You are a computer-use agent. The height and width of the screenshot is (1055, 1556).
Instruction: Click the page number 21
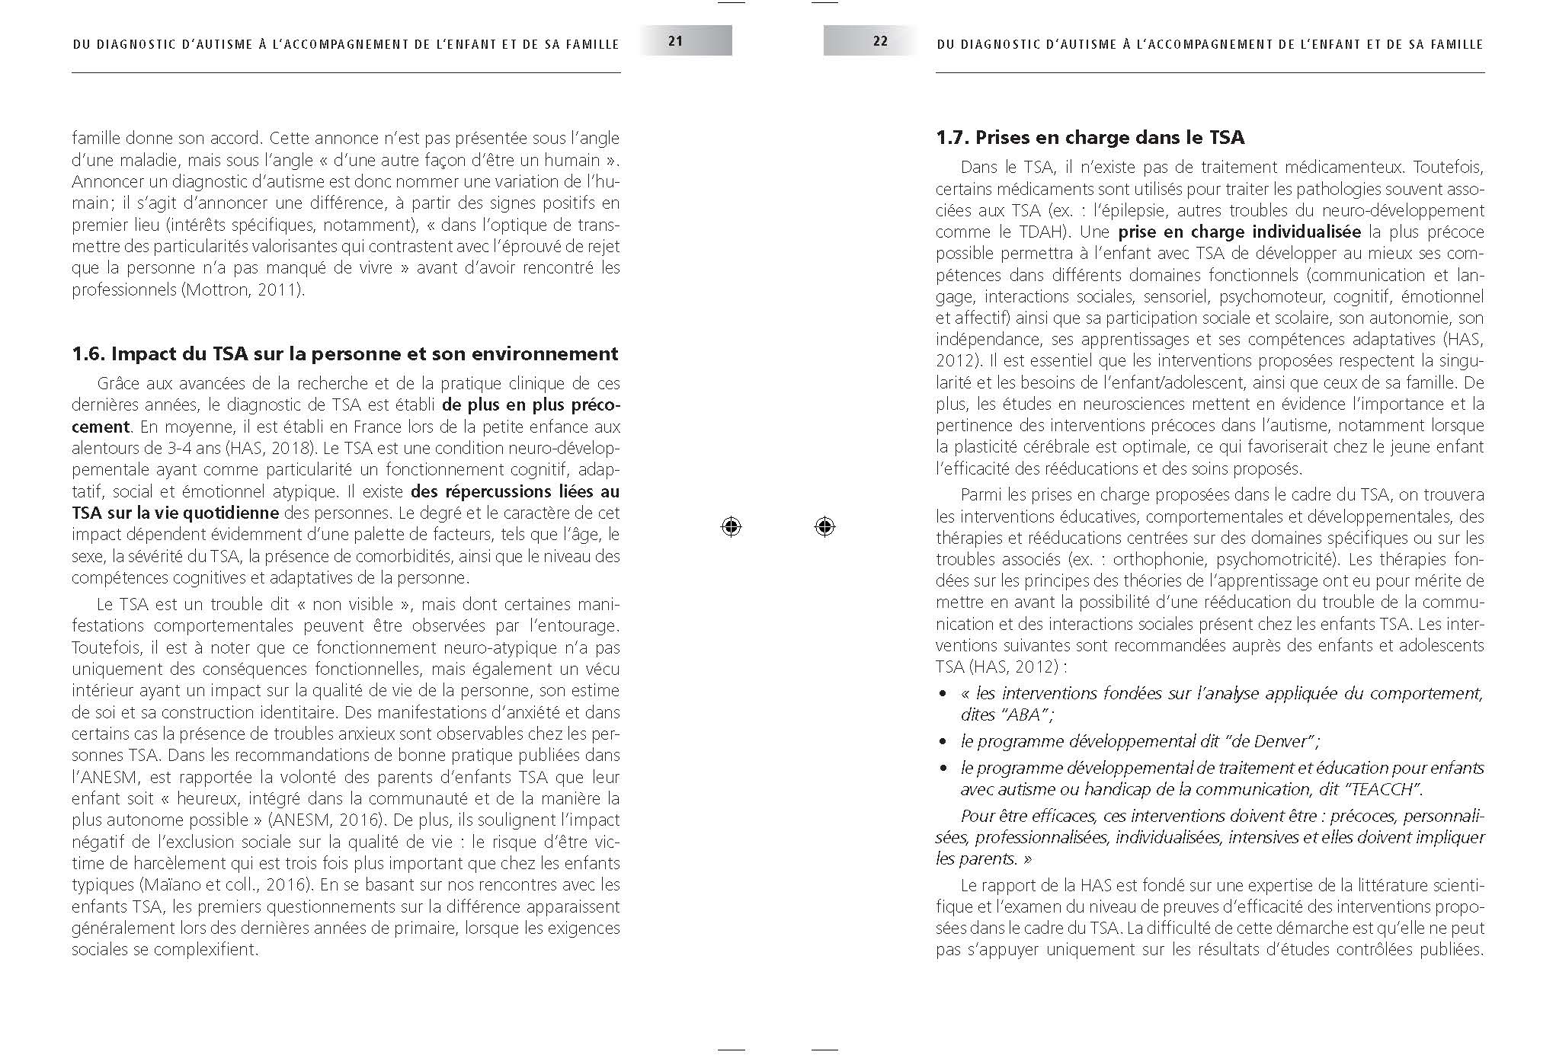click(x=675, y=41)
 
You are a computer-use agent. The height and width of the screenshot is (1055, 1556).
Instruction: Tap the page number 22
click(x=880, y=41)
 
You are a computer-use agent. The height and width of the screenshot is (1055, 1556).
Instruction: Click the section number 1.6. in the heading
click(x=89, y=354)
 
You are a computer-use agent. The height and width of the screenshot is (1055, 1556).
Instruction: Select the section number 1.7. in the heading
click(x=953, y=138)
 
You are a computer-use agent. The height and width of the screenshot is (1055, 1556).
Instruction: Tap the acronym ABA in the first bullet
click(x=1026, y=715)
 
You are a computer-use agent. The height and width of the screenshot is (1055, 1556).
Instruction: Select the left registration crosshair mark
click(x=731, y=526)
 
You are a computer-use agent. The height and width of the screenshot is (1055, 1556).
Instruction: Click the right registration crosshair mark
click(x=824, y=526)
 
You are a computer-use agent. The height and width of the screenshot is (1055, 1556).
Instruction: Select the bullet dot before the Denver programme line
click(x=943, y=741)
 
